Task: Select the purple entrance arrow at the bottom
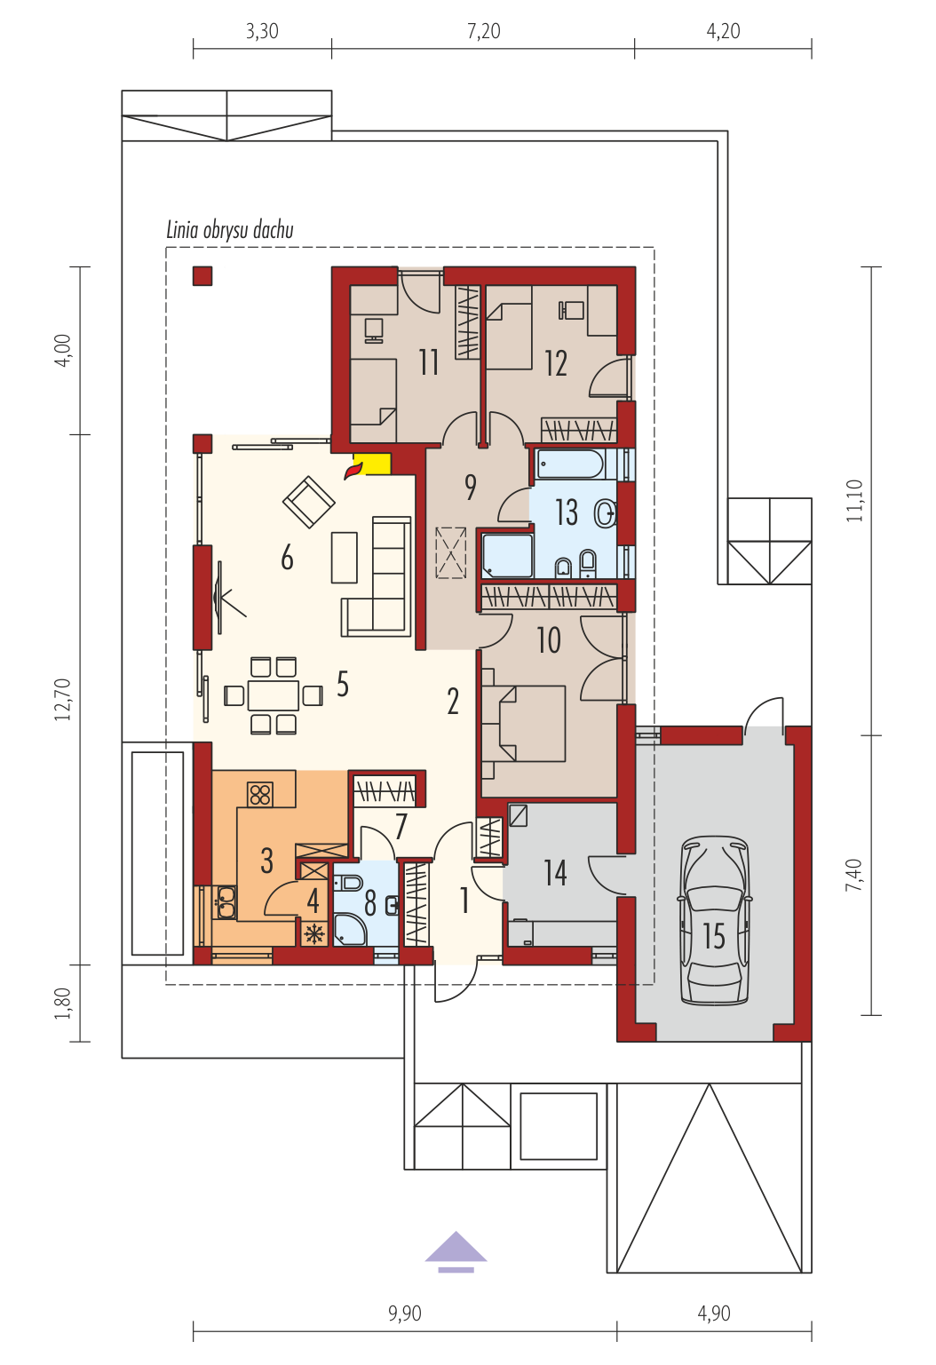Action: [456, 1251]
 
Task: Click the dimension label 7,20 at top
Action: [484, 31]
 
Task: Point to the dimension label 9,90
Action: [405, 1313]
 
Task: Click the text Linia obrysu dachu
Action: [230, 230]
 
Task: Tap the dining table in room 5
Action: [273, 695]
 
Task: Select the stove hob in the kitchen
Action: [260, 794]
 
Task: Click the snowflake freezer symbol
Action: [314, 934]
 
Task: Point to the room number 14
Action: [555, 873]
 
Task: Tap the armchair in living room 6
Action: [309, 502]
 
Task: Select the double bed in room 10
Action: [524, 723]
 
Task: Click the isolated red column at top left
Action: [202, 276]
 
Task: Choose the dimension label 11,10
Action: [854, 500]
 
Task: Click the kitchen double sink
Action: [226, 902]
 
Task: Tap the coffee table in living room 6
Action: [345, 557]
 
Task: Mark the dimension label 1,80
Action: [63, 1003]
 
